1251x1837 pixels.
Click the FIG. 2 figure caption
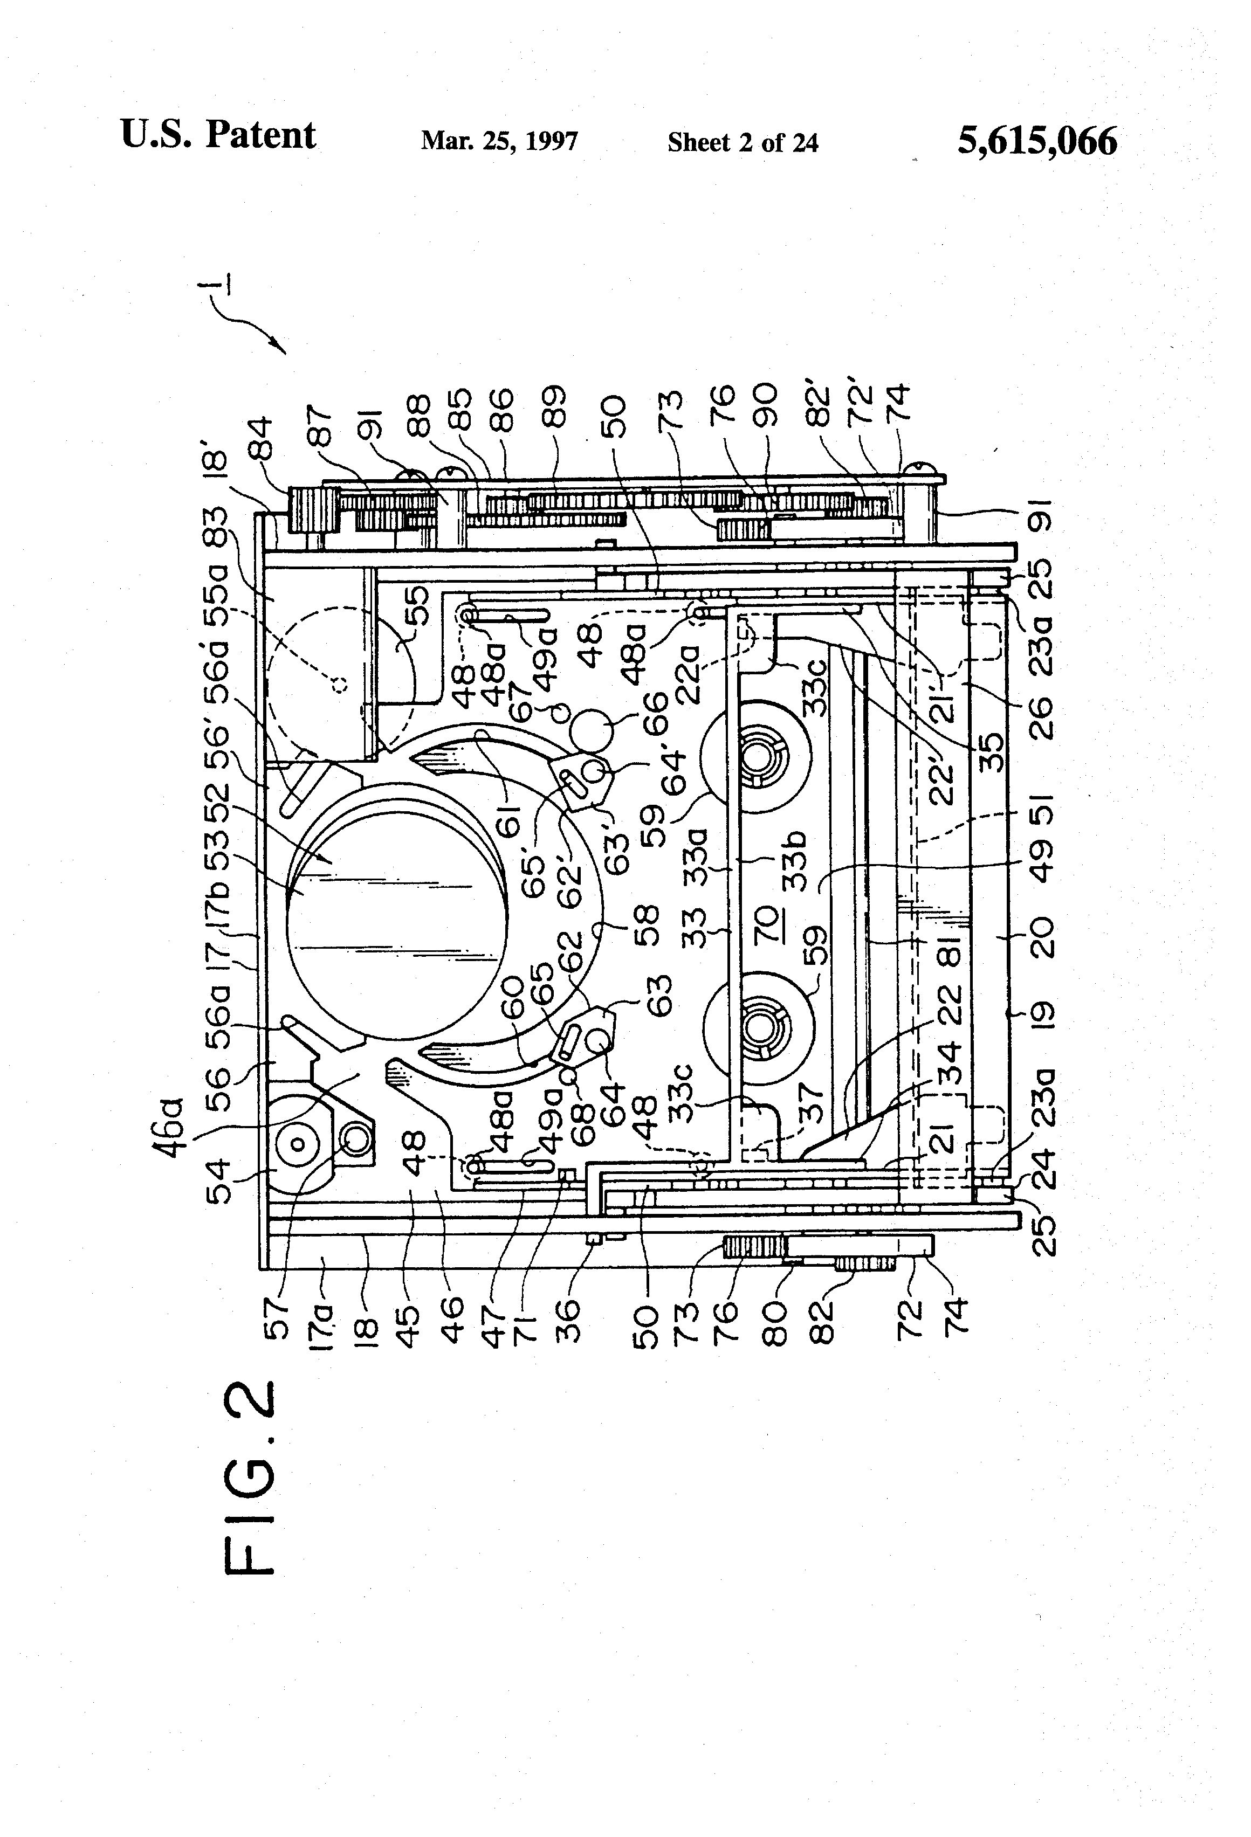251,1477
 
